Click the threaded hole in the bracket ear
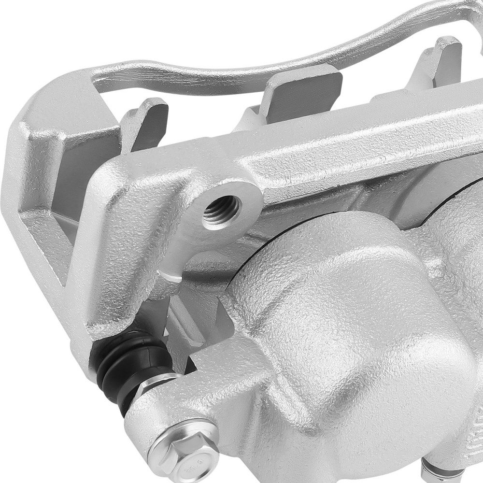(221, 210)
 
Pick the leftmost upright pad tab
(145, 123)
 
